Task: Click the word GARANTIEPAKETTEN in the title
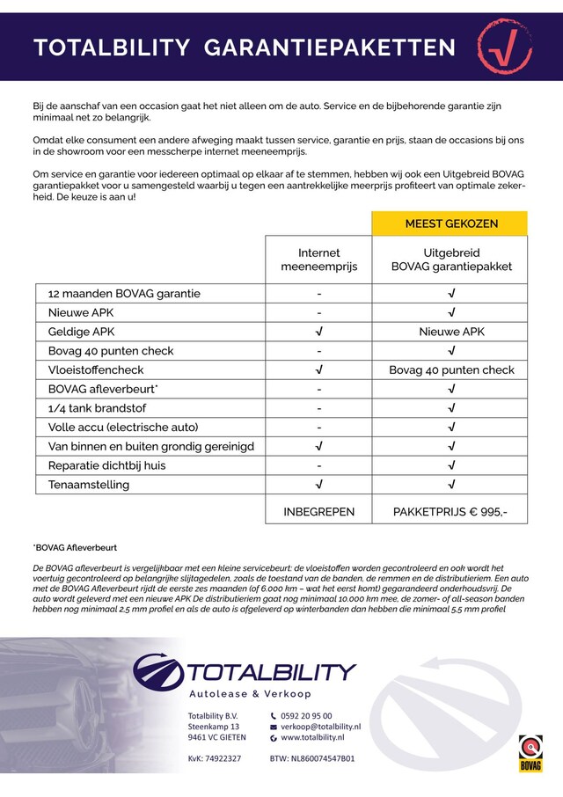(x=330, y=48)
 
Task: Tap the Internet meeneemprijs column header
(x=319, y=260)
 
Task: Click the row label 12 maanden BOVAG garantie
(x=124, y=294)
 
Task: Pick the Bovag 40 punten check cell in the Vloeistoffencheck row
(x=451, y=370)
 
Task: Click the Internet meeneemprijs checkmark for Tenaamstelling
(x=319, y=485)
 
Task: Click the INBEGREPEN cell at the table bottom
(x=319, y=511)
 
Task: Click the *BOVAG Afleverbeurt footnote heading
(x=75, y=547)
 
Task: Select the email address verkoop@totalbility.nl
(x=320, y=727)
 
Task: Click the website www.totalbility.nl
(x=312, y=737)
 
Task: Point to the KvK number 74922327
(x=215, y=757)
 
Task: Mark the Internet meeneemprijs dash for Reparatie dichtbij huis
(x=319, y=465)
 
